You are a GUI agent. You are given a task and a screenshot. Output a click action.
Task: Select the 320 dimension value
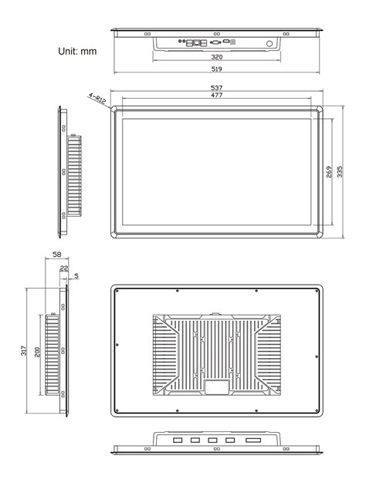click(x=217, y=57)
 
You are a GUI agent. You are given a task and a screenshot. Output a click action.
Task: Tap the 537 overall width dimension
click(x=217, y=89)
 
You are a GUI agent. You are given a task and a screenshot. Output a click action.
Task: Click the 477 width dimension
click(x=217, y=96)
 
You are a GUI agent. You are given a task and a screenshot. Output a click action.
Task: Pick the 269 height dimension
click(x=330, y=171)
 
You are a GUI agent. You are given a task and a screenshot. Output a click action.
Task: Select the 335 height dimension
click(x=341, y=171)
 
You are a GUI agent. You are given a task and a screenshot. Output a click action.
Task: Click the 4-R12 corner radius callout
click(x=97, y=98)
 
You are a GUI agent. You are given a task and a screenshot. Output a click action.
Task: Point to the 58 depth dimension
click(x=57, y=255)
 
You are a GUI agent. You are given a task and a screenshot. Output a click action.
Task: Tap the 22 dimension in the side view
click(x=64, y=269)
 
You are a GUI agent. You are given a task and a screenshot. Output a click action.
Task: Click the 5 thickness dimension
click(x=76, y=275)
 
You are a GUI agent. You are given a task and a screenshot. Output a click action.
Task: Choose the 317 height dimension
click(x=25, y=351)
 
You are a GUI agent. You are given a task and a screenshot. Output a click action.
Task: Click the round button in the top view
click(x=269, y=44)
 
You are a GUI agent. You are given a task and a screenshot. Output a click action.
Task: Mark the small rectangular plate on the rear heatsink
click(x=216, y=386)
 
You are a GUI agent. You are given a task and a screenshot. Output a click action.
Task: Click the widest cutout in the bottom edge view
click(x=252, y=441)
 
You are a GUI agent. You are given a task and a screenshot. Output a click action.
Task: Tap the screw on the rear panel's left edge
click(x=117, y=346)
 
